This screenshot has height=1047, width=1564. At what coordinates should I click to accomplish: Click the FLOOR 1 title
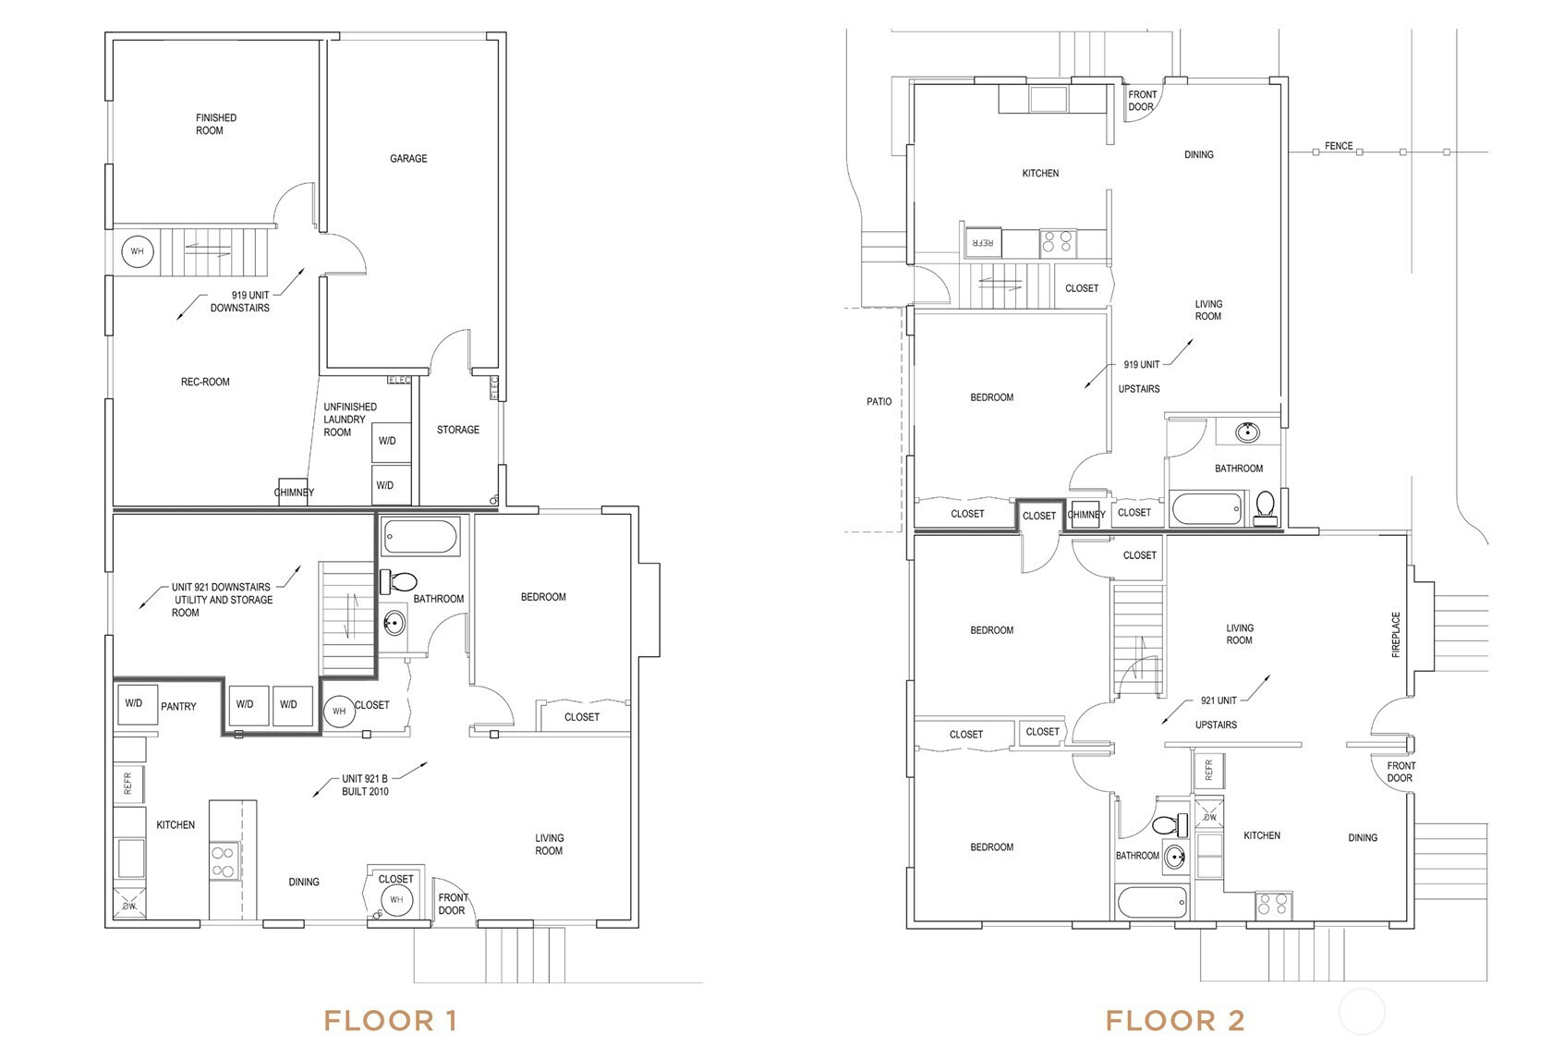pos(390,1020)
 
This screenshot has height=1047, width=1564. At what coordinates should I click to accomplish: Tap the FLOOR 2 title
pos(1175,1020)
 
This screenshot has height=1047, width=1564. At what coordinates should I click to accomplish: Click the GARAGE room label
pos(408,159)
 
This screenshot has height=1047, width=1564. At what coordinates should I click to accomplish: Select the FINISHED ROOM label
pos(216,125)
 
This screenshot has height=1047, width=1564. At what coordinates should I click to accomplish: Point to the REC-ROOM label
pos(205,382)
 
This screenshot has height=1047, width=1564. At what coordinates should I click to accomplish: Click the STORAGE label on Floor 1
pos(458,430)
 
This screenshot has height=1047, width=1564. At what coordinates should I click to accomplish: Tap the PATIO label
pos(879,402)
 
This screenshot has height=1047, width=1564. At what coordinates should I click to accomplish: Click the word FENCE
pos(1339,146)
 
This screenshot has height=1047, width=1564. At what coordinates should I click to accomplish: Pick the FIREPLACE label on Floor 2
pos(1396,634)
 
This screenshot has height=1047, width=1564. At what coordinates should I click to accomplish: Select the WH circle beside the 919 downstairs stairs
pos(137,251)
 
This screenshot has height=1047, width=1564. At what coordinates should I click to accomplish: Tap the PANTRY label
pos(178,706)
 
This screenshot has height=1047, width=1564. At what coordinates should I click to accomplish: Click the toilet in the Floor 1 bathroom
pos(399,581)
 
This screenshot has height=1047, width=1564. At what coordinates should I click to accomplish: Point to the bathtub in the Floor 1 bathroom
pos(420,536)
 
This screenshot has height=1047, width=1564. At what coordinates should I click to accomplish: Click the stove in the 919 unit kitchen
pos(1057,242)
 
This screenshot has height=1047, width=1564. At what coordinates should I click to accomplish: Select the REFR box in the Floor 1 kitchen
pos(129,784)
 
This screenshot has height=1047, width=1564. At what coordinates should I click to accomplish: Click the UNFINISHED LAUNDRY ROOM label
pos(350,420)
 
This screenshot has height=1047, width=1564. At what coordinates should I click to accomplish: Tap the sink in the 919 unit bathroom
pos(1247,432)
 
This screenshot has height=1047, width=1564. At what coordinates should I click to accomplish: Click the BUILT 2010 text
pos(365,791)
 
